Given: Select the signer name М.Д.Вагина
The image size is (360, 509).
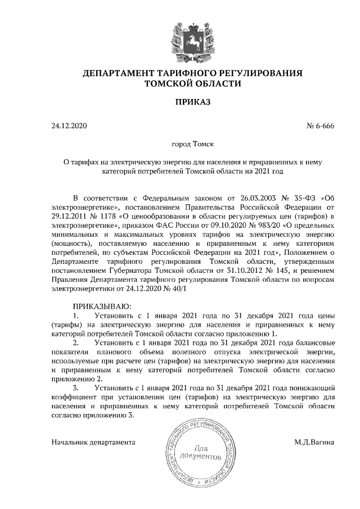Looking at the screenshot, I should (314, 442).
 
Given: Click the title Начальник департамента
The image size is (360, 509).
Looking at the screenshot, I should (94, 442).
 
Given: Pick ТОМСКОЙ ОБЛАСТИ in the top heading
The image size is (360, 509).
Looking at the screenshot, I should (193, 84).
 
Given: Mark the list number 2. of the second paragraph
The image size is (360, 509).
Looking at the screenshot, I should (77, 343).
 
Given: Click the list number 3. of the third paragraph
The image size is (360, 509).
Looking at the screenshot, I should (77, 388).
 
